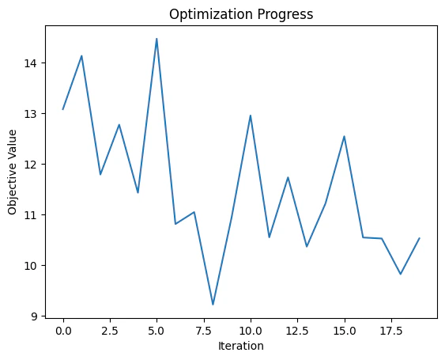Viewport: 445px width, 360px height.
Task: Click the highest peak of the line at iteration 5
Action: [157, 39]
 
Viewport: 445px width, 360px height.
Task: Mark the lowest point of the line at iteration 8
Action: [213, 305]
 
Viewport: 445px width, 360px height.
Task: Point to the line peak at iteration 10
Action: [251, 116]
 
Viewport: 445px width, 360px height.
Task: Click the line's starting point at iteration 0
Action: [63, 109]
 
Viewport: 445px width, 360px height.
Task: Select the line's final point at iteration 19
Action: [419, 238]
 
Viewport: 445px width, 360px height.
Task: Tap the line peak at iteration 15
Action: [344, 136]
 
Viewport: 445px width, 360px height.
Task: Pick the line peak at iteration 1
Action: [81, 56]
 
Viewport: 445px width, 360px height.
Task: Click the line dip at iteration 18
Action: [401, 274]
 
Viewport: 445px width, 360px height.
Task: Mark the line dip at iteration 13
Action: [307, 247]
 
